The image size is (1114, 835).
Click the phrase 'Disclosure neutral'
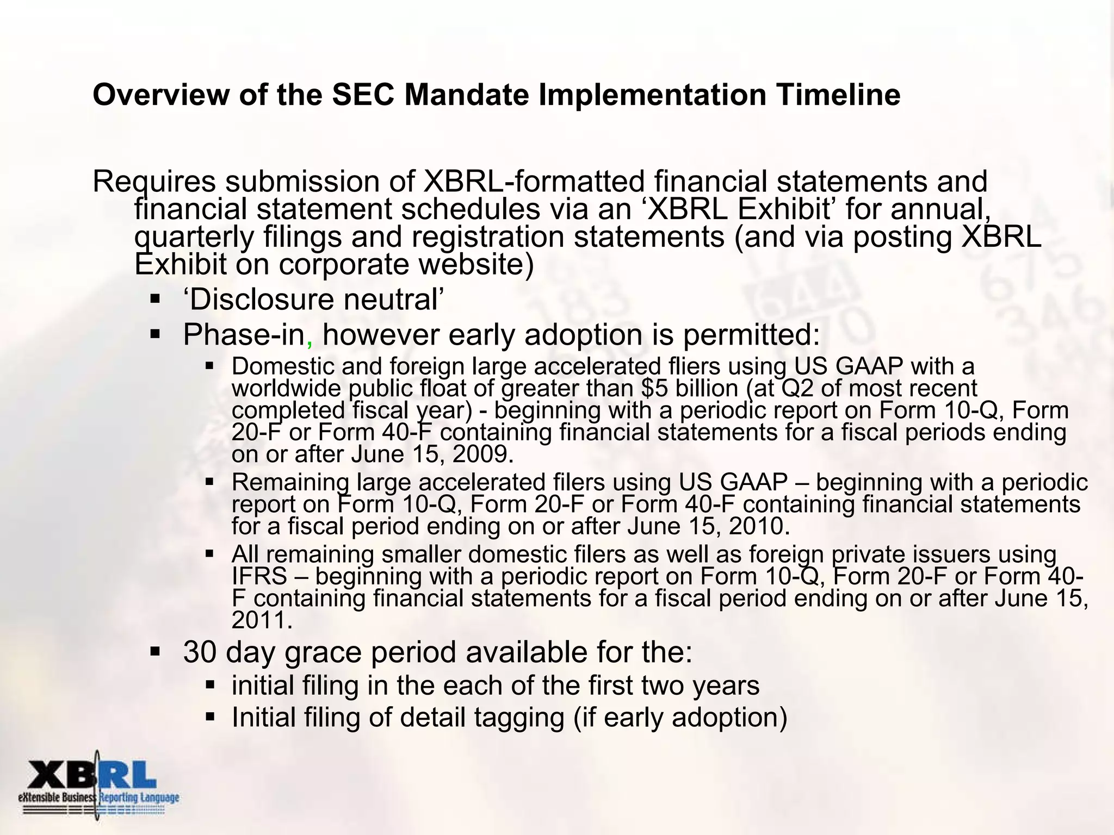click(313, 300)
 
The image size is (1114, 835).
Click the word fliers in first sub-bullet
click(691, 366)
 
